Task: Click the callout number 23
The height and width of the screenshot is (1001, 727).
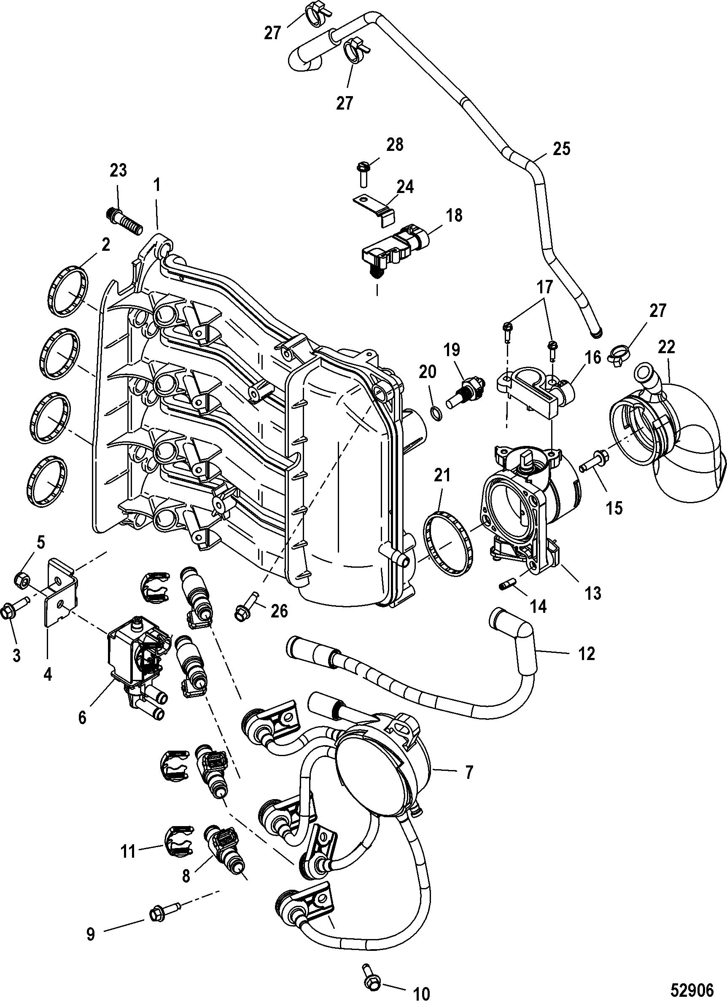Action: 118,170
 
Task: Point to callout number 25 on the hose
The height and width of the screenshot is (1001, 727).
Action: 561,149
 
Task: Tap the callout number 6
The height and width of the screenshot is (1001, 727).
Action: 83,717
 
